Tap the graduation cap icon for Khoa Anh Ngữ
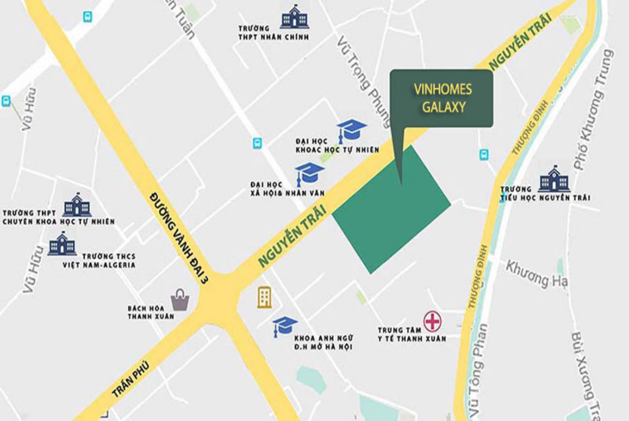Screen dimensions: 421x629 285,326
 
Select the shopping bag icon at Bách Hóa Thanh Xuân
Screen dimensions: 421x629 180,300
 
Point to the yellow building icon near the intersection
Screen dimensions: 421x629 264,297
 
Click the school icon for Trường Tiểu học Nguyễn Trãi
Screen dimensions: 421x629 554,179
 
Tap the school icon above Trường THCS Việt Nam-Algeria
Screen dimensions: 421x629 62,244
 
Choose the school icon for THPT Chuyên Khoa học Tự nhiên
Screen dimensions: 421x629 77,205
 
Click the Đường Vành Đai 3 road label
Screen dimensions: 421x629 178,237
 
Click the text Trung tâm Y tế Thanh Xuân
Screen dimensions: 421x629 411,334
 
